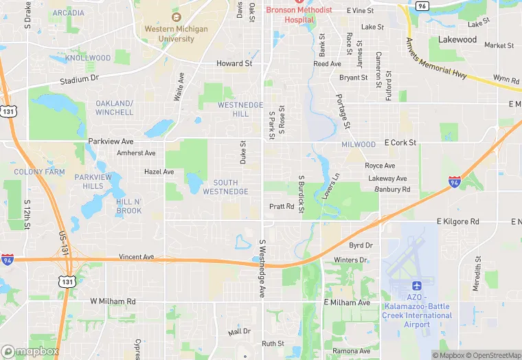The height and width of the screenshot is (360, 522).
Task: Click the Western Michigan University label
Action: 176,34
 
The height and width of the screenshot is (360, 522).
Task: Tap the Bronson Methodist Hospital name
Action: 299,14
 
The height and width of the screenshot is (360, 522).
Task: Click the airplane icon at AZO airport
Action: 417,286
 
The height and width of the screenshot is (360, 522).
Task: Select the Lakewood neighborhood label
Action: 457,40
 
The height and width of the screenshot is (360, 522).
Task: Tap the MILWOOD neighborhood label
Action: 359,145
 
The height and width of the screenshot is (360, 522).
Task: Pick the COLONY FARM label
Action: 38,172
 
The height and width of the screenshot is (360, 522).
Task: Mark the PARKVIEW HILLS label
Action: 93,181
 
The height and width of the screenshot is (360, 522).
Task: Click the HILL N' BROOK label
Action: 129,206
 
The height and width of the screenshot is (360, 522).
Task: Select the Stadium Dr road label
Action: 79,80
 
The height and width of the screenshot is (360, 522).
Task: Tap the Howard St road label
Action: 235,63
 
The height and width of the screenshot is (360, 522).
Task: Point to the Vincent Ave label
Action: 137,257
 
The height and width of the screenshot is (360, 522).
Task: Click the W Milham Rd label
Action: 113,302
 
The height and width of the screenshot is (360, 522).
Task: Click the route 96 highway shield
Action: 422,5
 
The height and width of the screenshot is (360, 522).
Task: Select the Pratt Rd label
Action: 282,206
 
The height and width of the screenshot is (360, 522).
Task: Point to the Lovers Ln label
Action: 331,187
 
